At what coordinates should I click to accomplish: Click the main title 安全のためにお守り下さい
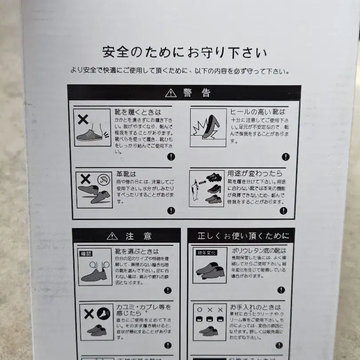click(184, 53)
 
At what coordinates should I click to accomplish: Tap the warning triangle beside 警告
click(171, 93)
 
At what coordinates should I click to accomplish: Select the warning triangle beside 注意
click(112, 236)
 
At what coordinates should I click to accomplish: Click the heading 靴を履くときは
click(138, 112)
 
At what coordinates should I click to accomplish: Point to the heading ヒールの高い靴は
click(257, 112)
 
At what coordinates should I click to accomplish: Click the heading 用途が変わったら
click(255, 173)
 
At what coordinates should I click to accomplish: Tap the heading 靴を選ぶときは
click(137, 252)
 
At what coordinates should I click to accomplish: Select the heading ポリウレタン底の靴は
click(259, 251)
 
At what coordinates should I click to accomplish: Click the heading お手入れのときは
click(256, 307)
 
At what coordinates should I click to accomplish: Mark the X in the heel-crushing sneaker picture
click(83, 119)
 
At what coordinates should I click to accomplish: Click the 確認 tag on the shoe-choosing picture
click(86, 254)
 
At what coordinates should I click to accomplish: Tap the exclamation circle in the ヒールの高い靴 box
click(285, 156)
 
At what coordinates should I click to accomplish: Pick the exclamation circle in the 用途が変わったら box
click(284, 211)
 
